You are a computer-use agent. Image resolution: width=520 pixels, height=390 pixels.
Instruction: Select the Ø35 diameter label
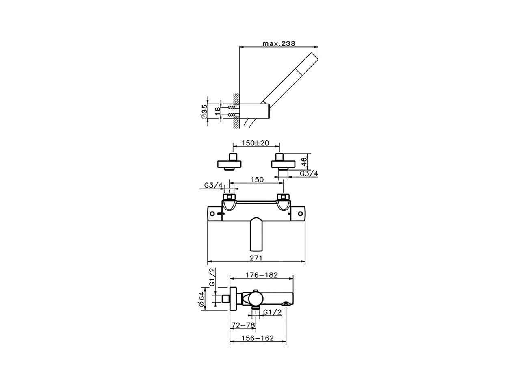click(204, 111)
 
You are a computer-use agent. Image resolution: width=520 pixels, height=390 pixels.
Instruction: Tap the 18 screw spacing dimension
click(217, 111)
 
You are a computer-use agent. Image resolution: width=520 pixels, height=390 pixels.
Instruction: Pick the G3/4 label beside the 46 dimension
click(309, 174)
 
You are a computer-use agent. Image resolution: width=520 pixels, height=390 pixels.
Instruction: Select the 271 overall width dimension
click(256, 258)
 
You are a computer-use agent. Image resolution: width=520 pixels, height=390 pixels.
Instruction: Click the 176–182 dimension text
click(262, 275)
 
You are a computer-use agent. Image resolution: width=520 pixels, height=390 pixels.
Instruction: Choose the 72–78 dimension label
click(243, 325)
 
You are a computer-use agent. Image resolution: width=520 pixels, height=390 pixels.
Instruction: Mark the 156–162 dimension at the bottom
click(258, 338)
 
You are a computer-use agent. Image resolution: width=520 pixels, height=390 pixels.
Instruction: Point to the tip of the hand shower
click(314, 56)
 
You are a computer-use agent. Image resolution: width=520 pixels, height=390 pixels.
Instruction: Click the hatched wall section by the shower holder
click(235, 111)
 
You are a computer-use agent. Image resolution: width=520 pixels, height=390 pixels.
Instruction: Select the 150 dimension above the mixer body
click(257, 180)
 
